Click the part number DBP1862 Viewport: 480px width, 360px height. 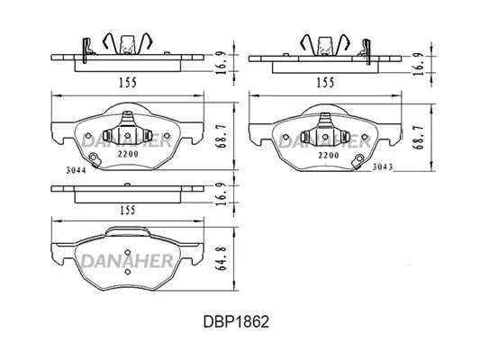point(236,322)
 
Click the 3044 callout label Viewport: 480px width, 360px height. point(77,170)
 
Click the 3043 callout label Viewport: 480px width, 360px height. point(383,167)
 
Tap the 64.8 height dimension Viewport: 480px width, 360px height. point(221,258)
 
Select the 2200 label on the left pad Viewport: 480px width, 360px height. point(128,154)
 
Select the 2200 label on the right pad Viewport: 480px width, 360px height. point(329,156)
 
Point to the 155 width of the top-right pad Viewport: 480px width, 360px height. point(325,83)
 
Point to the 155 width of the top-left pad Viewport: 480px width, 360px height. point(128,83)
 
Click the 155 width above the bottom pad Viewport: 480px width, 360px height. point(127,210)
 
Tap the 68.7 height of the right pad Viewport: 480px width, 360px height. point(419,137)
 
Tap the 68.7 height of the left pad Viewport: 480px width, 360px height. point(221,136)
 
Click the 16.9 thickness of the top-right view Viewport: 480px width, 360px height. point(419,64)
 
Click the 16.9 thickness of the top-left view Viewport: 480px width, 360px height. point(221,63)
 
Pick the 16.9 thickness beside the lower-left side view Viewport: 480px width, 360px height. point(221,193)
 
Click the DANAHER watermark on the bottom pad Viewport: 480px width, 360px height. point(127,261)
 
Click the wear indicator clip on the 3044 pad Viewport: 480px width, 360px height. point(93,159)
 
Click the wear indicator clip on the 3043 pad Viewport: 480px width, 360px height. point(358,161)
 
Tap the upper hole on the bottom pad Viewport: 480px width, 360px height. point(128,252)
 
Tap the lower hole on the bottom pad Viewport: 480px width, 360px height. point(128,272)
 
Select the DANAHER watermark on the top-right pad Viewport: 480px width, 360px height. point(324,141)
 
